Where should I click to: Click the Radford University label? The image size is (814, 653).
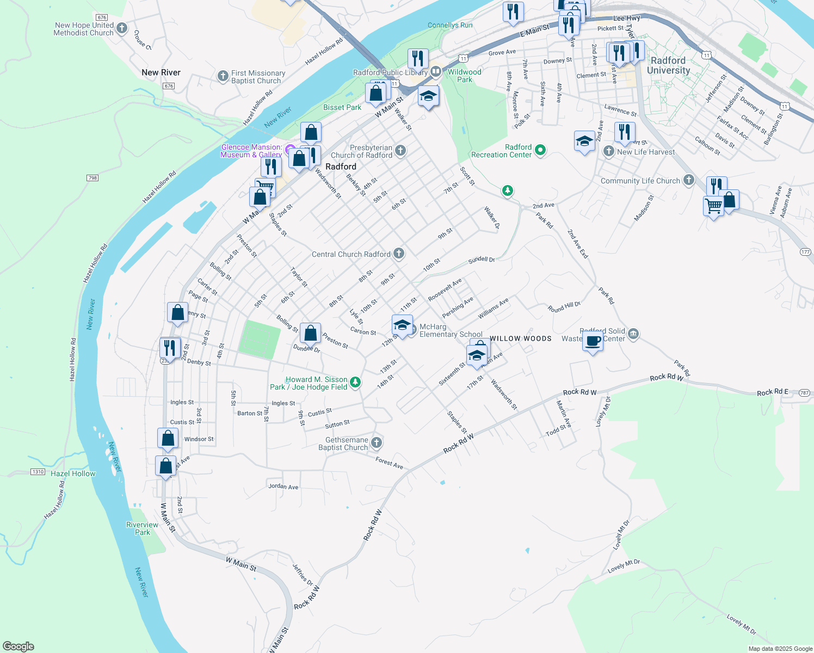668,65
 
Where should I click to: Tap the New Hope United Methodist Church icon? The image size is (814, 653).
122,28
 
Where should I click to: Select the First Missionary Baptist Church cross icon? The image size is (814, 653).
223,76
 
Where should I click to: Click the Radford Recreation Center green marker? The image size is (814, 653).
540,150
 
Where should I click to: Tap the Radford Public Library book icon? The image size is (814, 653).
435,72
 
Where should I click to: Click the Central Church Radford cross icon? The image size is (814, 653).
399,254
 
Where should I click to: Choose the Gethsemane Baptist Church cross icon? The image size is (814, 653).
377,443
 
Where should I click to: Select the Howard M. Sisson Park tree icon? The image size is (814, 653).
355,383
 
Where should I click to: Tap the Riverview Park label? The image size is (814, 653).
142,528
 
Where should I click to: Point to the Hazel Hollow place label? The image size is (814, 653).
73,473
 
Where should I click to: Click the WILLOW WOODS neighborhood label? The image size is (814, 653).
520,338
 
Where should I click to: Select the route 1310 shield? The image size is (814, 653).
38,472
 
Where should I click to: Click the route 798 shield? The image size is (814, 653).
92,178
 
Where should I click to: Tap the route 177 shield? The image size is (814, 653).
806,251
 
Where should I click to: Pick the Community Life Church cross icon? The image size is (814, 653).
689,180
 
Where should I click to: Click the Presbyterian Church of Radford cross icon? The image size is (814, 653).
400,151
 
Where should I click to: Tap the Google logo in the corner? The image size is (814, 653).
18,646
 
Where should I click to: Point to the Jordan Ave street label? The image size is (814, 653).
283,486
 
